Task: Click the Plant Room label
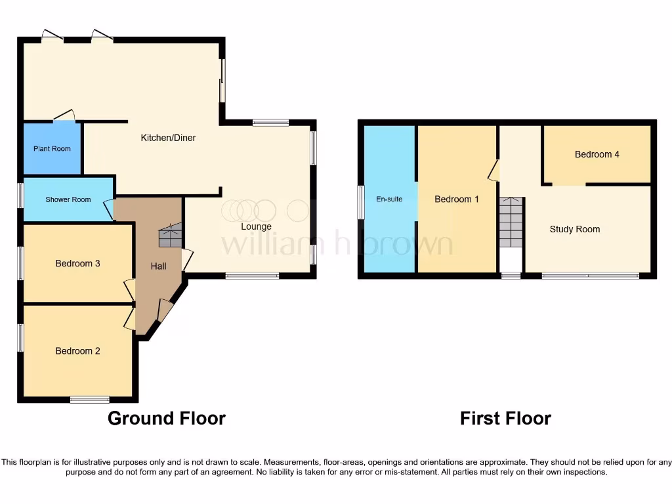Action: coord(52,148)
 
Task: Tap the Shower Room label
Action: coord(68,199)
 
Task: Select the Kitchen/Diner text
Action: coord(168,138)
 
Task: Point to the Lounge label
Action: coord(256,226)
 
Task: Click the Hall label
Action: coord(158,266)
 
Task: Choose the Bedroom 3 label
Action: coord(77,263)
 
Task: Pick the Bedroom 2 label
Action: coord(77,350)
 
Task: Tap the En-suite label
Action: coord(389,199)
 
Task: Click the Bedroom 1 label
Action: coord(457,199)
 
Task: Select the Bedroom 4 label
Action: coord(597,154)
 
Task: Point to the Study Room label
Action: coord(574,229)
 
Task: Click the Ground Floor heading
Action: coord(166,418)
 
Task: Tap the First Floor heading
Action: coord(505,418)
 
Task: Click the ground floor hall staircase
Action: coord(170,236)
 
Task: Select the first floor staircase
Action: coord(511,222)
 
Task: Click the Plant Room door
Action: coord(64,116)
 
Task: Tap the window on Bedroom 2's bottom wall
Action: coord(90,399)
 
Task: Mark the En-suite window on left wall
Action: coord(360,202)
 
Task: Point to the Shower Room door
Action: coord(108,209)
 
